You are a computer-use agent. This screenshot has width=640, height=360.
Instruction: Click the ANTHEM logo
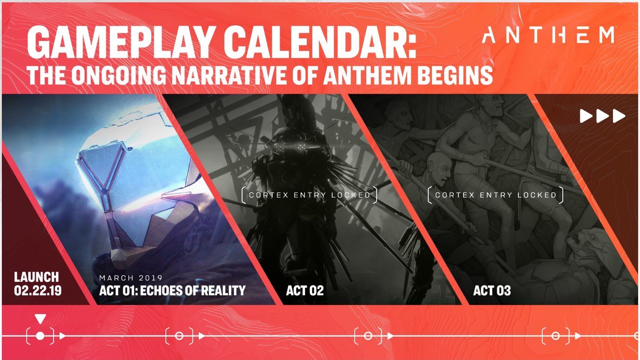548,35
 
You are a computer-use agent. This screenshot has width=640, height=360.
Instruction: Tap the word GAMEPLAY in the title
121,42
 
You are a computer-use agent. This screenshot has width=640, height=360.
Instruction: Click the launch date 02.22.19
38,291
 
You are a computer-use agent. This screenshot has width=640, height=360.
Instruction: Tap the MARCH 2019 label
131,278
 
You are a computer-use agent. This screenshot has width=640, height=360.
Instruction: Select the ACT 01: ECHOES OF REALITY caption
172,291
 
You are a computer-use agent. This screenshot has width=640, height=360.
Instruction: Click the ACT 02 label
305,291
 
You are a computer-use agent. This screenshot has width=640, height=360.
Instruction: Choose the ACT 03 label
492,291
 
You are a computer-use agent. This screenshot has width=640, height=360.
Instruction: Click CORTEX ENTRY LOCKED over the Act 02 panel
310,195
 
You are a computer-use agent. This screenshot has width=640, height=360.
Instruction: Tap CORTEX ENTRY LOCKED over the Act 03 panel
496,195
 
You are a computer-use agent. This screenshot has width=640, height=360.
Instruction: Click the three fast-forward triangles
602,116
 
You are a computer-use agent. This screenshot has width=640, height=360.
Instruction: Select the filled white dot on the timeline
40,336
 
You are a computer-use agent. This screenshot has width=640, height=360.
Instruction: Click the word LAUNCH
37,277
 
